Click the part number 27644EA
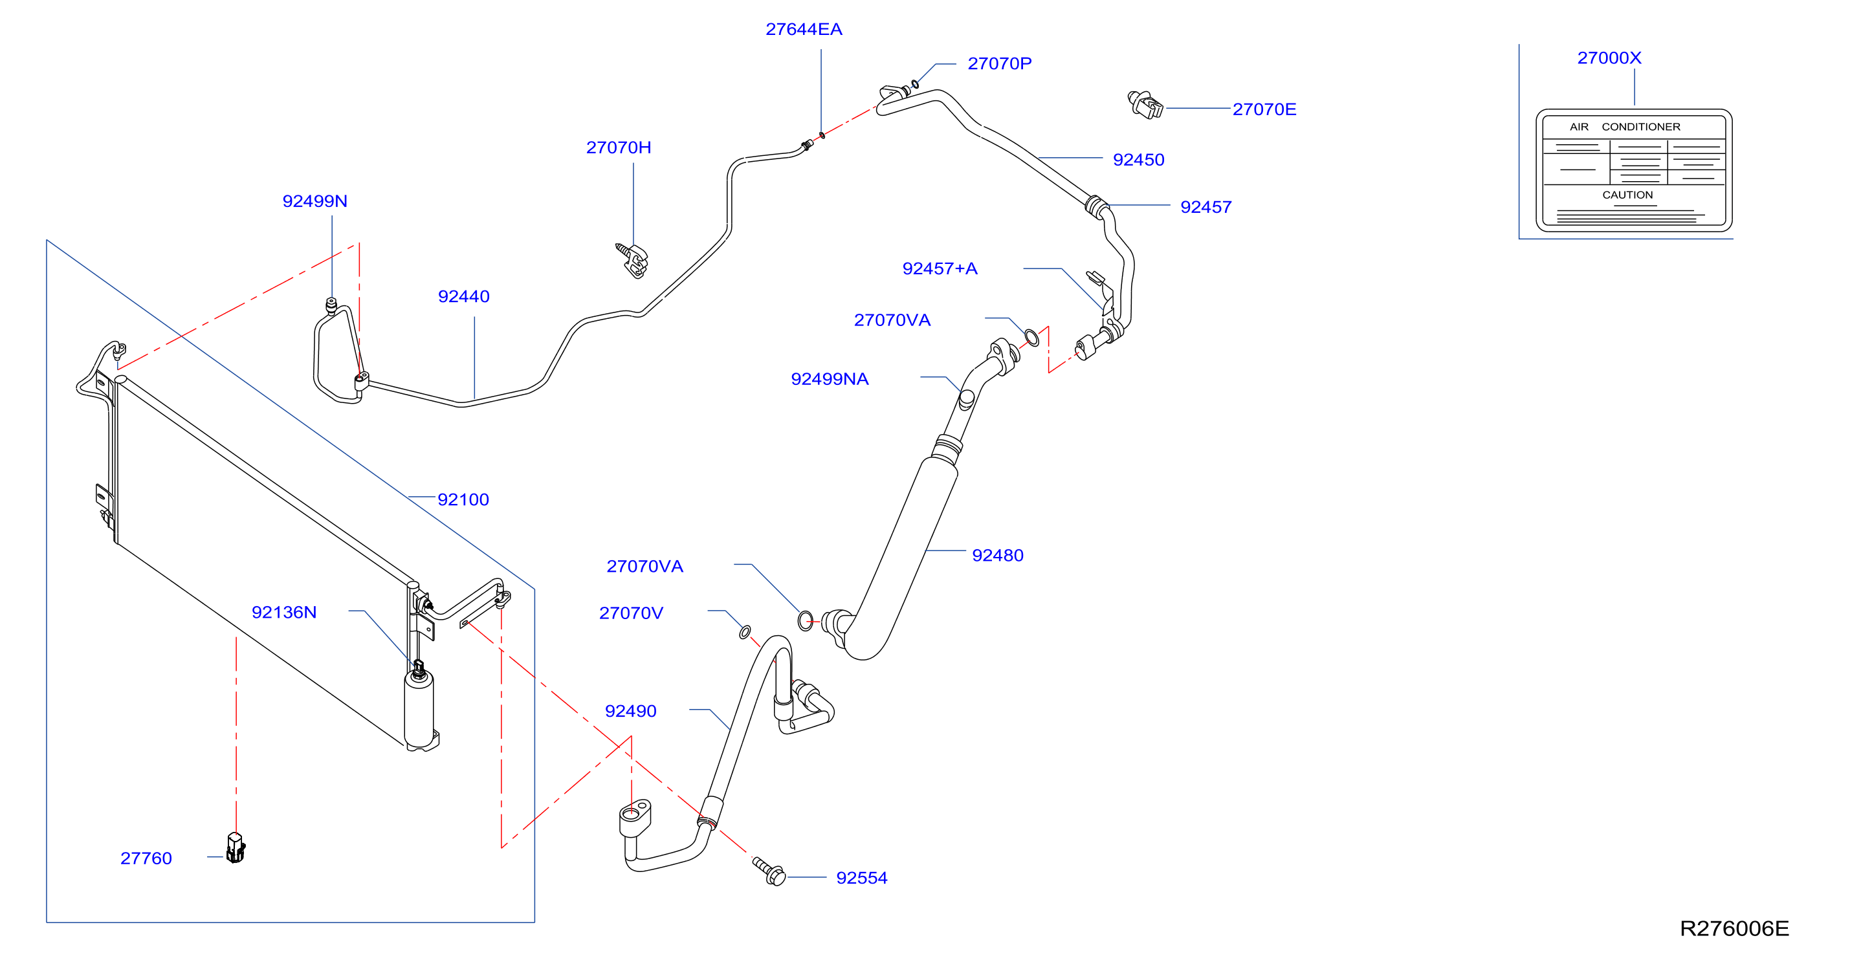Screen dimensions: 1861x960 [804, 30]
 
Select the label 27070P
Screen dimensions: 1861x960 [999, 63]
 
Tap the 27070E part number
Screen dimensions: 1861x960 [1264, 109]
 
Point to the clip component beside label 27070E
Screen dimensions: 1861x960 [1145, 104]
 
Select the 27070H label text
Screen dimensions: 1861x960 [619, 147]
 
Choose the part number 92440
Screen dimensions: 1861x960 [463, 296]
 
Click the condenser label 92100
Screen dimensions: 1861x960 [463, 499]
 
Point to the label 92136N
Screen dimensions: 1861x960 [284, 612]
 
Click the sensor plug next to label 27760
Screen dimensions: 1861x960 [236, 848]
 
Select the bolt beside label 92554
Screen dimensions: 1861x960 [769, 871]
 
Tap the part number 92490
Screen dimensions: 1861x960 [630, 711]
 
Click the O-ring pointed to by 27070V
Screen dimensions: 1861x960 [745, 632]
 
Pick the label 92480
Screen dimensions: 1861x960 [997, 555]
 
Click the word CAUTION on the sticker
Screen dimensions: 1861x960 [1627, 195]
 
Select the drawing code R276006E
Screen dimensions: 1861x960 [1734, 928]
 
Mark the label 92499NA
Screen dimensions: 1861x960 [830, 378]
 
